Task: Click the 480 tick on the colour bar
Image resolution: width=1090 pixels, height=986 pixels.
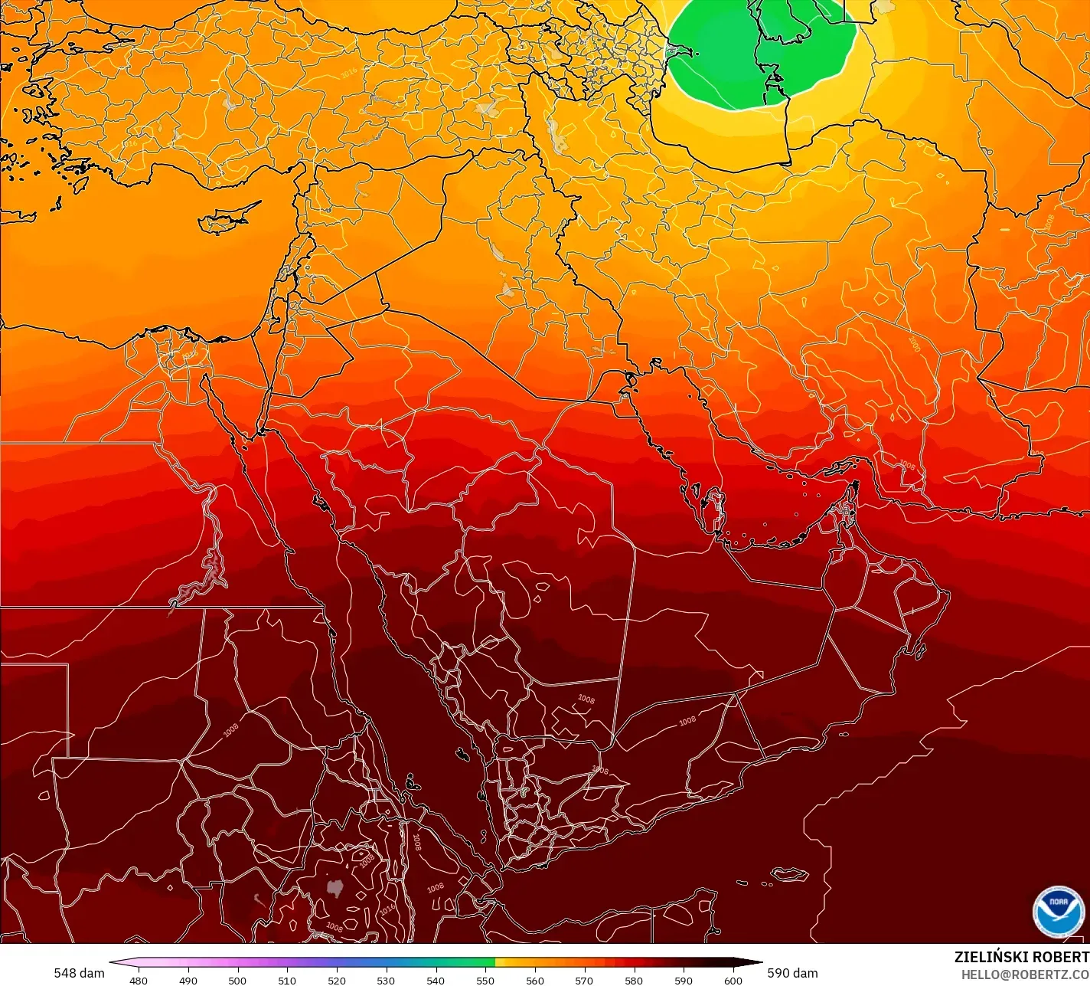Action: pyautogui.click(x=139, y=980)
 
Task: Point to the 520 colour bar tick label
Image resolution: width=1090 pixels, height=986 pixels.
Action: pyautogui.click(x=337, y=980)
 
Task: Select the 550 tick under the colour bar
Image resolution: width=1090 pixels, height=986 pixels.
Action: pyautogui.click(x=485, y=980)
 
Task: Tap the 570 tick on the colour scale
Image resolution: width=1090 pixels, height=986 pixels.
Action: pyautogui.click(x=584, y=980)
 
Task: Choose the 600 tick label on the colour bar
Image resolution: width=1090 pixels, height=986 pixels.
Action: pyautogui.click(x=733, y=980)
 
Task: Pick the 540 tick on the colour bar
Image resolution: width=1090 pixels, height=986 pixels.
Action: pyautogui.click(x=436, y=980)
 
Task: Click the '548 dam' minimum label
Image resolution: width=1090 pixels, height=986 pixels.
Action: pyautogui.click(x=79, y=973)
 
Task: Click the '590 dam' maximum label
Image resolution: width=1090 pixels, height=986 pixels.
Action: pyautogui.click(x=792, y=973)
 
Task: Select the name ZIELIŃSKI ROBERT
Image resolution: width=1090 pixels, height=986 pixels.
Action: pyautogui.click(x=1021, y=957)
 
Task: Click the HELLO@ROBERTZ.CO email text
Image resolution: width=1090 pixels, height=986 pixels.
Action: pyautogui.click(x=1025, y=975)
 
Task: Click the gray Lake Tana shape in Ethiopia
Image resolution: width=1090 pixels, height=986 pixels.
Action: pyautogui.click(x=334, y=887)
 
